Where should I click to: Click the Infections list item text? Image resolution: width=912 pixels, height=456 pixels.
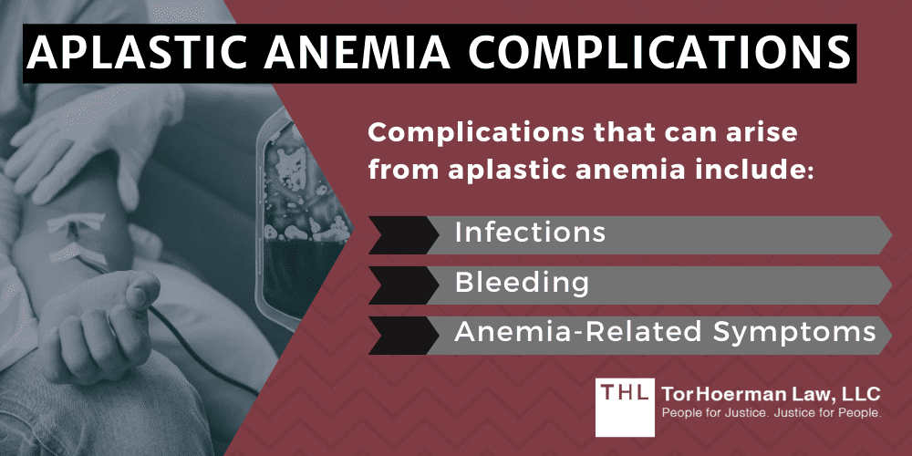529,233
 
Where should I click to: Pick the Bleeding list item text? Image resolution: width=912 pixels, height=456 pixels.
521,284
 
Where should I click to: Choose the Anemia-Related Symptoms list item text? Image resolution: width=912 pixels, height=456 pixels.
665,334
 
